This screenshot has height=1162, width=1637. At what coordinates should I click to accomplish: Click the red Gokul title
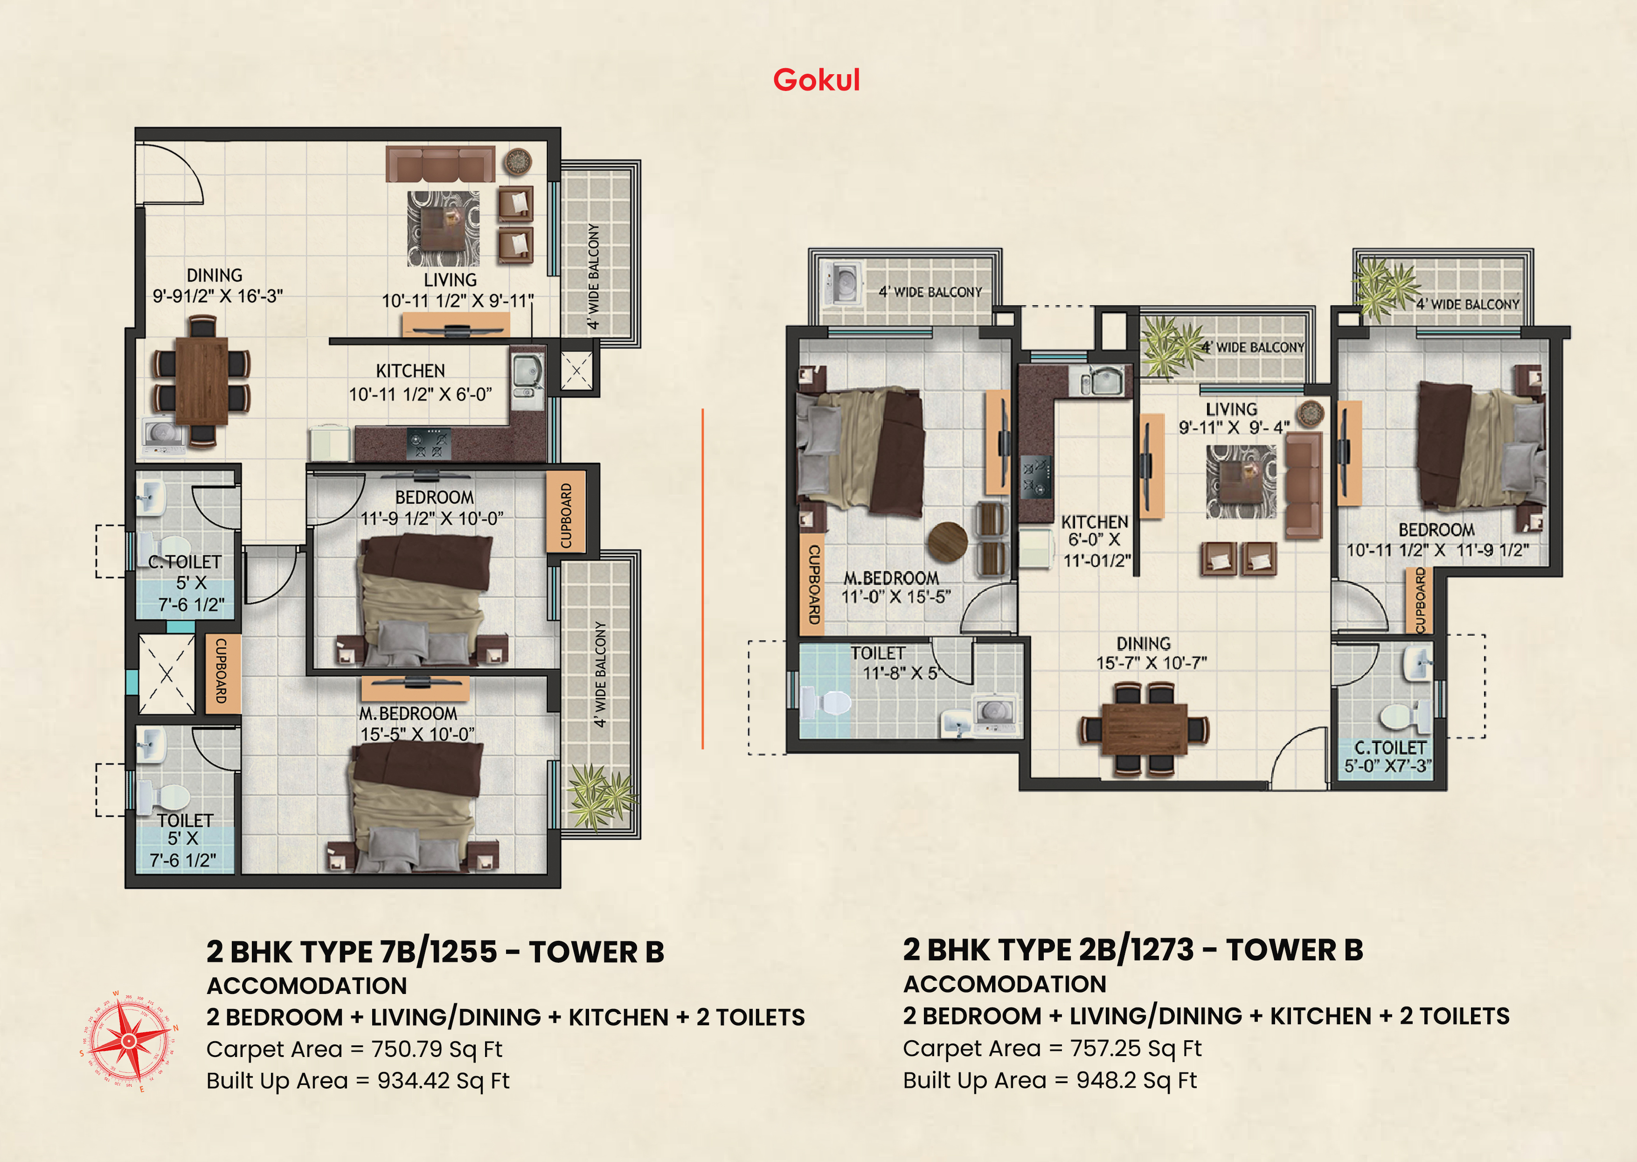click(x=816, y=79)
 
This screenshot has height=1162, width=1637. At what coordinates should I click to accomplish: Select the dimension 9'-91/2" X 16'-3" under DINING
click(x=218, y=295)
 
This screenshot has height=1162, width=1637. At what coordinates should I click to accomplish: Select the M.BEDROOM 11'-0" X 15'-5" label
click(x=895, y=587)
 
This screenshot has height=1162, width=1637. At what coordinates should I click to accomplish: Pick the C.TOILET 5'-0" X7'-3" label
click(x=1388, y=757)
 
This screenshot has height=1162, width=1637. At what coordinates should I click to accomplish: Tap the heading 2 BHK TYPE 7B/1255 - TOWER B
click(x=435, y=952)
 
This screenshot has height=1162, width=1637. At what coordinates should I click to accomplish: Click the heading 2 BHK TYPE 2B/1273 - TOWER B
click(x=1133, y=950)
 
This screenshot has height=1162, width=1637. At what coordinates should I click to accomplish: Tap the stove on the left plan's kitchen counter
click(x=428, y=444)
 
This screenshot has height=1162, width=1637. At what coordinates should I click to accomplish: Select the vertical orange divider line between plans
click(x=703, y=579)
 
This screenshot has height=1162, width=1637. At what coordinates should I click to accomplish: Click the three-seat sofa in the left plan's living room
click(x=440, y=164)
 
